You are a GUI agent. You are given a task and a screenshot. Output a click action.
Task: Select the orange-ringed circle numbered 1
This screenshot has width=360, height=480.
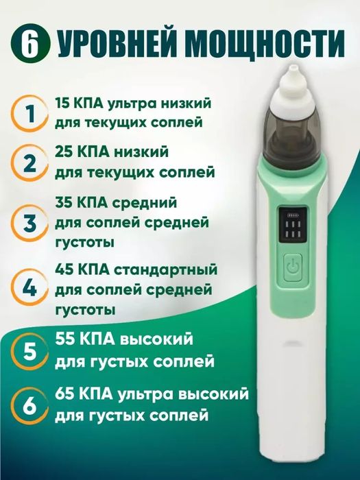tap(28, 113)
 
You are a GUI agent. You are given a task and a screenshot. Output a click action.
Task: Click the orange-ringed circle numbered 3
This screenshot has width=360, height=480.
tap(28, 223)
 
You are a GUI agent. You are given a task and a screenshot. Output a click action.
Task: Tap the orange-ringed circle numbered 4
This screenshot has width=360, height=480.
tap(28, 287)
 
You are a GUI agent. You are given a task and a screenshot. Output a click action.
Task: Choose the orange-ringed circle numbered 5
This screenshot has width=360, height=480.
tap(28, 351)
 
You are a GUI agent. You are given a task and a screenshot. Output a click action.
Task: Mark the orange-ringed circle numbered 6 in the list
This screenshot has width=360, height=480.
tap(28, 405)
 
